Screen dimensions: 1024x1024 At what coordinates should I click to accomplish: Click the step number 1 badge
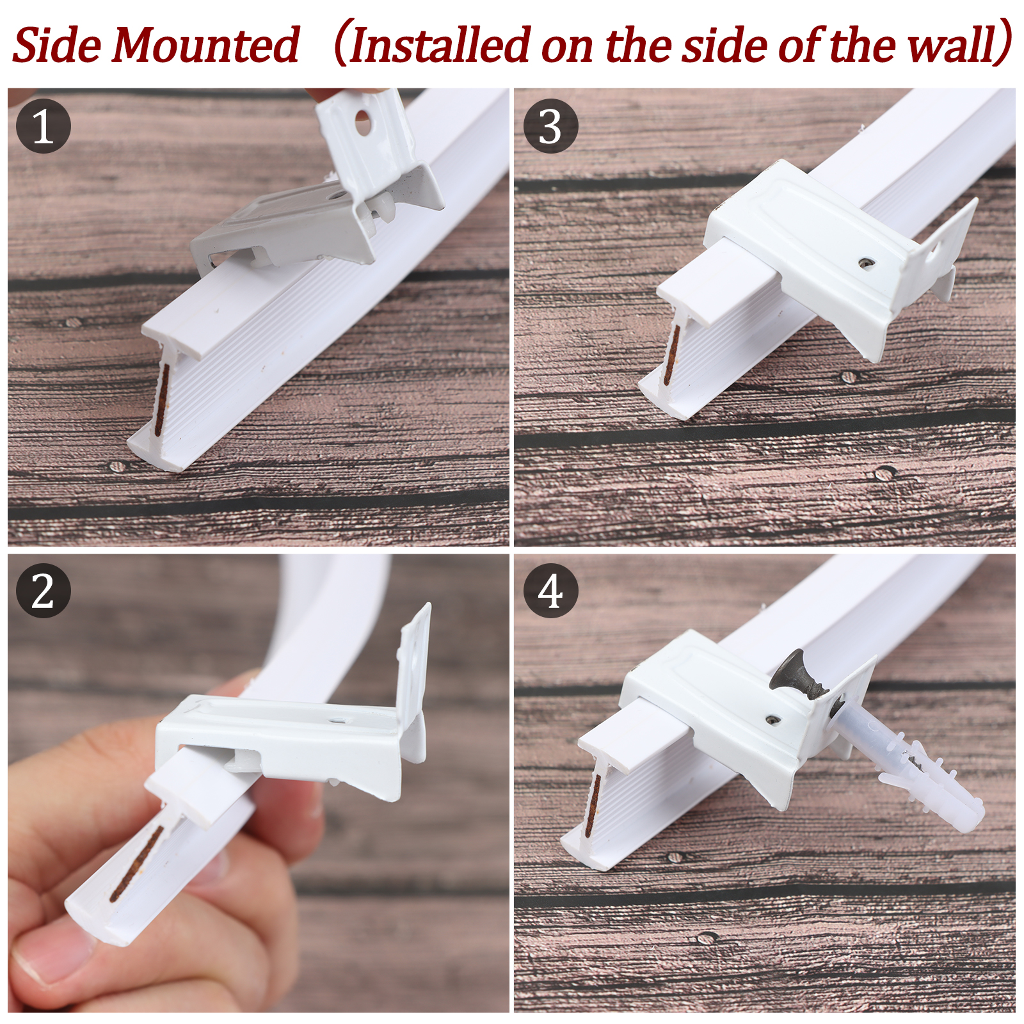click(x=43, y=126)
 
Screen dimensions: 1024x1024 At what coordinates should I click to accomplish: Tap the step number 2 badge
click(x=43, y=591)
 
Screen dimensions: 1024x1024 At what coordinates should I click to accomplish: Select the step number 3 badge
click(x=550, y=126)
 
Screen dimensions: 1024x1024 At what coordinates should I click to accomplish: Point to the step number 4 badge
click(x=550, y=591)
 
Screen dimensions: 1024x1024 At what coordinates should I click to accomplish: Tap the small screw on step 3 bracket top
click(x=866, y=262)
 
